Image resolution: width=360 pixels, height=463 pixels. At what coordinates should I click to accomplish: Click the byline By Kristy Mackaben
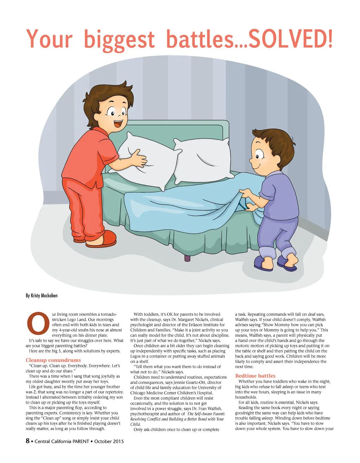41,295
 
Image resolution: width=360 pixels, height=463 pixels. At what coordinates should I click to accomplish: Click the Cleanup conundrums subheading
53,360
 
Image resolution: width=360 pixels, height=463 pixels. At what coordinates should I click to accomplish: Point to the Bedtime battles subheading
255,376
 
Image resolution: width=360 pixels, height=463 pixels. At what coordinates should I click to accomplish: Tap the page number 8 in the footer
28,441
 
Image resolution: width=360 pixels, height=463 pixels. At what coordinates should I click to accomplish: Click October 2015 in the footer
109,441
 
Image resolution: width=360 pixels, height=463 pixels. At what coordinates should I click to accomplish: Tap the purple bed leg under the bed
187,258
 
